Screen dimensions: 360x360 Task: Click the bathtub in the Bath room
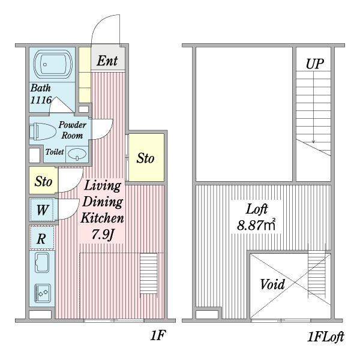[53, 64]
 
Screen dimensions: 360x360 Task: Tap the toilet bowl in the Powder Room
[43, 131]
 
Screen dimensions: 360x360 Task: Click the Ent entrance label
[107, 61]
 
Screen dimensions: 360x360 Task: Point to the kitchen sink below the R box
[42, 262]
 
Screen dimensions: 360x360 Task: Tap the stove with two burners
[43, 293]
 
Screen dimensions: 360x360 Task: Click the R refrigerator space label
[41, 239]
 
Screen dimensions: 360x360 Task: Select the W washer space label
[43, 210]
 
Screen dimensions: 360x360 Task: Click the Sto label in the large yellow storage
[145, 158]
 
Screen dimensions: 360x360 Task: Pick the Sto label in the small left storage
[43, 181]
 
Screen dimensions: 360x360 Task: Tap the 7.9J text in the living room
[103, 235]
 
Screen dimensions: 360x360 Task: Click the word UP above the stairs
[315, 64]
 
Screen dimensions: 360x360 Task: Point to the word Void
[272, 284]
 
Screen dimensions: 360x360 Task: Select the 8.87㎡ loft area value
[256, 225]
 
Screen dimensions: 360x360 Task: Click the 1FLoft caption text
[325, 337]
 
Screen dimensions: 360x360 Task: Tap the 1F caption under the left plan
[158, 335]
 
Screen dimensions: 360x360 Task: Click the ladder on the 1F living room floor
[149, 274]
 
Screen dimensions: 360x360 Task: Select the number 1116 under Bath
[41, 100]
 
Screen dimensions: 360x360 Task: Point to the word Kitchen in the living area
[102, 218]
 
